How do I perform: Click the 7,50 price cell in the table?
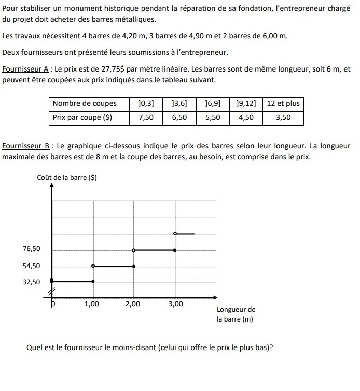pyautogui.click(x=146, y=118)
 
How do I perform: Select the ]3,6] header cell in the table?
pyautogui.click(x=179, y=103)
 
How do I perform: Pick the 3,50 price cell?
pyautogui.click(x=283, y=118)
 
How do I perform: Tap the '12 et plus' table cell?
pyautogui.click(x=283, y=103)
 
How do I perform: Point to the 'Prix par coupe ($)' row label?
pyautogui.click(x=82, y=118)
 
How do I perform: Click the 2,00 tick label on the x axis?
pyautogui.click(x=133, y=305)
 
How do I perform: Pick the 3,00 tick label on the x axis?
pyautogui.click(x=175, y=305)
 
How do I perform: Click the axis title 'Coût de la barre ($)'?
pyautogui.click(x=67, y=178)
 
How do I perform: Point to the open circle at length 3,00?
pyautogui.click(x=175, y=234)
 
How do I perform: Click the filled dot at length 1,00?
pyautogui.click(x=93, y=282)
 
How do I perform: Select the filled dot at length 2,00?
pyautogui.click(x=134, y=266)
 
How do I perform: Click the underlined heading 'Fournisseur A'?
pyautogui.click(x=25, y=69)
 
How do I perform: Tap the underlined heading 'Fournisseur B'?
pyautogui.click(x=25, y=146)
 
